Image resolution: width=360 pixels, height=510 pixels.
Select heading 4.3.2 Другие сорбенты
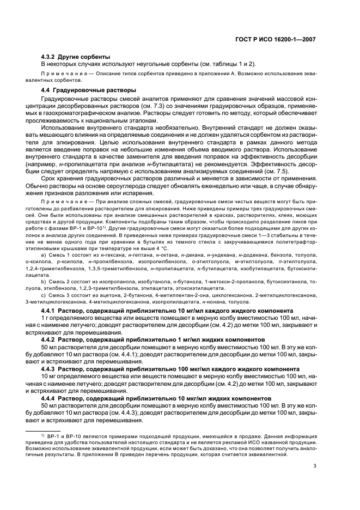click(76, 57)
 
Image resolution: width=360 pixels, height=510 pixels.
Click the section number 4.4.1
click(50, 310)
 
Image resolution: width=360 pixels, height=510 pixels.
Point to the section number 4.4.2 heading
click(50, 339)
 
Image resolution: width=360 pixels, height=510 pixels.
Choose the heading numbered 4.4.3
click(50, 368)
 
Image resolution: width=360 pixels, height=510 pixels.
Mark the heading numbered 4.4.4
click(50, 397)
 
